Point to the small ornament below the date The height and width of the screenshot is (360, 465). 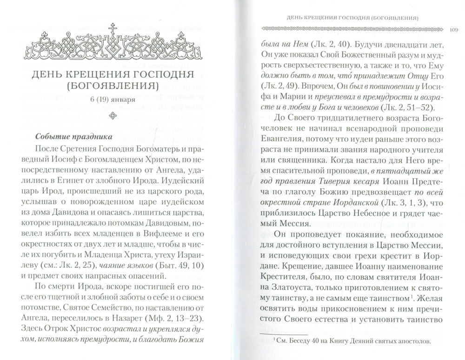[x=112, y=115]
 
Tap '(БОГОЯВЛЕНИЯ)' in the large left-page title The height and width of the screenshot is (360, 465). [x=112, y=86]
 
